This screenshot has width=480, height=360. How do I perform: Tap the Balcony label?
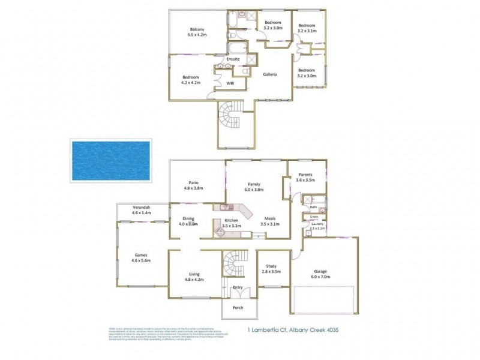click(197, 30)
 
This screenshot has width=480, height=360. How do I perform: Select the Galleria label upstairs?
click(269, 74)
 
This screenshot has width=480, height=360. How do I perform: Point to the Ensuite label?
click(233, 59)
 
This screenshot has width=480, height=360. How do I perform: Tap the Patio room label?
click(193, 182)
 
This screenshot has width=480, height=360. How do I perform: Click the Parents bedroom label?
click(305, 175)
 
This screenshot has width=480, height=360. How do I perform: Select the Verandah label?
click(142, 207)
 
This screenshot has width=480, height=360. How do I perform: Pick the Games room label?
click(142, 254)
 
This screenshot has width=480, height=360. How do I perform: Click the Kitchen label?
click(232, 221)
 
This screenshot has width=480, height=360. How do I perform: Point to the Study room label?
click(271, 267)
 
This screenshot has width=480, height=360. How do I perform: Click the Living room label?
click(194, 273)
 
